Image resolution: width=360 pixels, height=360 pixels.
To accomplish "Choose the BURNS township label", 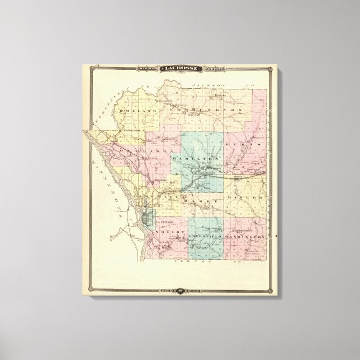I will tap(244, 144).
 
